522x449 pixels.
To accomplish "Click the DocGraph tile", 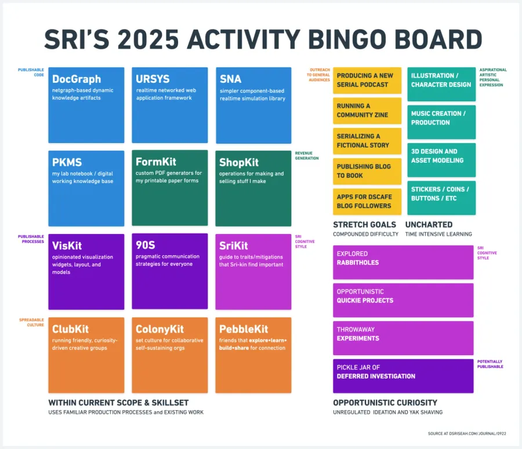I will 86,105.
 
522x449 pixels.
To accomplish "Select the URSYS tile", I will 169,105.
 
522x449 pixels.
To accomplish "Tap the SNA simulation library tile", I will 253,105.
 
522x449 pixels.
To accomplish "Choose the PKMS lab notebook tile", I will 86,188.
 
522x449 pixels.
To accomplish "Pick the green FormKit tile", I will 169,188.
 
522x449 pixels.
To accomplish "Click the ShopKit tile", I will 253,188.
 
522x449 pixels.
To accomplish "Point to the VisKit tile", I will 86,272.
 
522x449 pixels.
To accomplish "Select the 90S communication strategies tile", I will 169,272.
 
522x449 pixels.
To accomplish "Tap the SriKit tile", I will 253,272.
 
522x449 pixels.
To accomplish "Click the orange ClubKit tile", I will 86,355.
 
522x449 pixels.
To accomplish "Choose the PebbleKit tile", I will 253,355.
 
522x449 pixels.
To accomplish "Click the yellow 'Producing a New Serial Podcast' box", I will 367,80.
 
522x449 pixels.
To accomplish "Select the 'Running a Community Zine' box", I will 367,111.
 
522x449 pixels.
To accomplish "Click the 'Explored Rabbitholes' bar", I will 403,262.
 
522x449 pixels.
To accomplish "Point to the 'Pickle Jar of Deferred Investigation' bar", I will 403,375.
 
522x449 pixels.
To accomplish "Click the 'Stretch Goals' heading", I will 364,224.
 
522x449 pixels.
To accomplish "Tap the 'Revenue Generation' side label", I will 307,156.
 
